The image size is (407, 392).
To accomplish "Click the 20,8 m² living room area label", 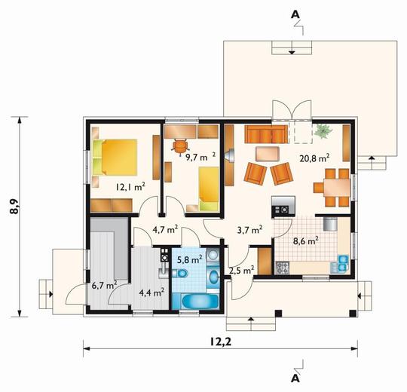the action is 314,158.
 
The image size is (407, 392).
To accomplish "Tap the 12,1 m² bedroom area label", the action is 130,187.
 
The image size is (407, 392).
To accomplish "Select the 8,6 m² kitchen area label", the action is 306,241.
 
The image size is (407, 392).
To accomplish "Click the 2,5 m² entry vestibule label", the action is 241,271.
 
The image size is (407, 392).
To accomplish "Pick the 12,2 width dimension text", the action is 220,342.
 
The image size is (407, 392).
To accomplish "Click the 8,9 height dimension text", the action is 14,207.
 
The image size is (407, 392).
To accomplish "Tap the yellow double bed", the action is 115,158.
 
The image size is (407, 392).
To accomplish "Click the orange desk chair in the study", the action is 180,146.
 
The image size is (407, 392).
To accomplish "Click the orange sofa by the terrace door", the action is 266,134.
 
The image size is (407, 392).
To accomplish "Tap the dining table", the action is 336,187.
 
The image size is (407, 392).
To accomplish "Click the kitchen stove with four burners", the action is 283,268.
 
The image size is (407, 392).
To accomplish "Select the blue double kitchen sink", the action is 343,263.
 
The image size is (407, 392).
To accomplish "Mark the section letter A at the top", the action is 295,15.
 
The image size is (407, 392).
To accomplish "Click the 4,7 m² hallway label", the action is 165,230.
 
